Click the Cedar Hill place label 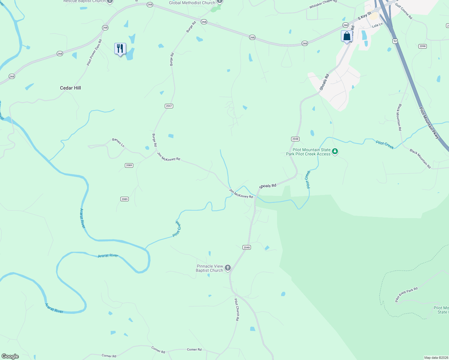[x=70, y=88]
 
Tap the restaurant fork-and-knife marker [x=120, y=49]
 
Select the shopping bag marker [x=347, y=36]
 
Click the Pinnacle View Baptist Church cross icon [x=228, y=268]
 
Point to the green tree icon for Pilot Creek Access [x=335, y=151]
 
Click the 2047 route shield [x=169, y=106]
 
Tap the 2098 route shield [x=422, y=46]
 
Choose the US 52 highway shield [x=395, y=41]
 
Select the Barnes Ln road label [x=118, y=142]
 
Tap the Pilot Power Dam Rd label [x=94, y=52]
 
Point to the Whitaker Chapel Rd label [x=323, y=4]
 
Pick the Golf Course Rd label [x=404, y=11]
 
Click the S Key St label [x=364, y=16]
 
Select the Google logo [x=10, y=356]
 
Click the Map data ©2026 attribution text [x=436, y=358]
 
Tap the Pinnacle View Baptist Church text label [x=209, y=268]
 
